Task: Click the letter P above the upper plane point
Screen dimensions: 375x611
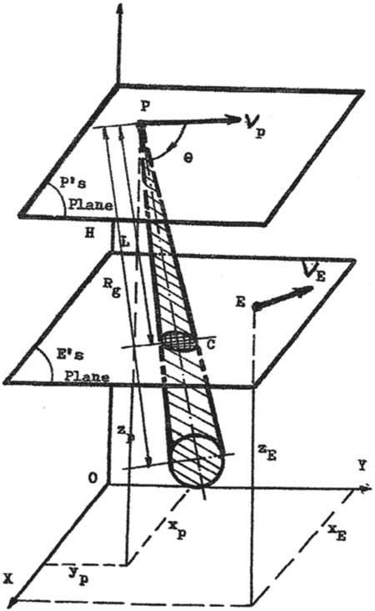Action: click(x=145, y=105)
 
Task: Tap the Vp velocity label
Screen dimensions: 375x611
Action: click(x=255, y=124)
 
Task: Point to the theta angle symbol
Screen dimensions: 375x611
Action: click(x=187, y=159)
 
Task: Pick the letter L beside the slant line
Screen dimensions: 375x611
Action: click(x=125, y=242)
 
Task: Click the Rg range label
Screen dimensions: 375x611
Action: click(x=112, y=288)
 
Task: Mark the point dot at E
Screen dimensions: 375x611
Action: click(x=255, y=307)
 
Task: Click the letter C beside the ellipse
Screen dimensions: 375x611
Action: click(x=211, y=345)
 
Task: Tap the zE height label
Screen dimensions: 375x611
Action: click(x=267, y=453)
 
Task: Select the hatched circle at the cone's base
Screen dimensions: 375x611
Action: click(x=198, y=460)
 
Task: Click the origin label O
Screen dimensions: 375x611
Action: click(x=92, y=477)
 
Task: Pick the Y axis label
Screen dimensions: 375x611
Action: click(x=362, y=465)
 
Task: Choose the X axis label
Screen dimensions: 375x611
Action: click(x=7, y=579)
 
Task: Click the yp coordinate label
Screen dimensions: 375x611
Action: click(x=79, y=577)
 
